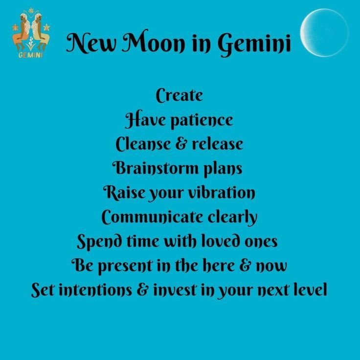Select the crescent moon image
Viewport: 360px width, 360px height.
324,33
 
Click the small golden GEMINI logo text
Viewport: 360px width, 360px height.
30,55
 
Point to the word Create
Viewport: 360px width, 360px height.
180,95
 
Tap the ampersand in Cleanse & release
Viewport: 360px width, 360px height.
181,144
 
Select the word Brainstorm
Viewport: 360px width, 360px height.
155,168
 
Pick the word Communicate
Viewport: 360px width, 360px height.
152,217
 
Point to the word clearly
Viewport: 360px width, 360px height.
232,217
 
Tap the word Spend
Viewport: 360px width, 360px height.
99,242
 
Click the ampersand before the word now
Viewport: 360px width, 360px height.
245,266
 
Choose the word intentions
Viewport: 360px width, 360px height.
95,290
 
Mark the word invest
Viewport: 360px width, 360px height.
175,290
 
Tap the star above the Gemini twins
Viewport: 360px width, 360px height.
31,11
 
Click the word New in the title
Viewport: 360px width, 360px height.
91,43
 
